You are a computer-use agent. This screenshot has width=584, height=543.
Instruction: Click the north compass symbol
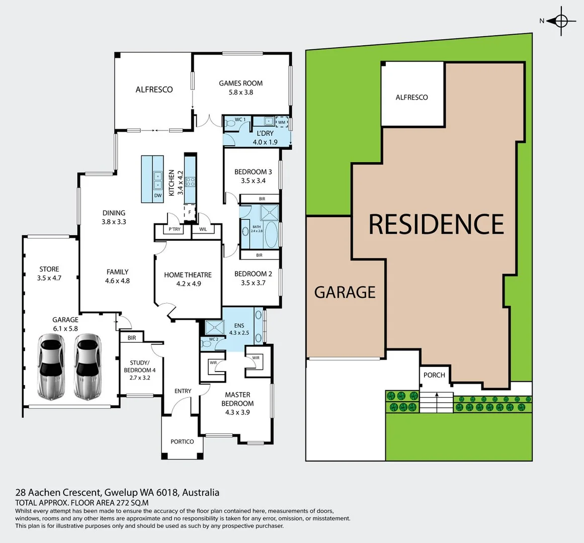pyautogui.click(x=561, y=21)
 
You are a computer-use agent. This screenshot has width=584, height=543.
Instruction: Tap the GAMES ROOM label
pyautogui.click(x=240, y=83)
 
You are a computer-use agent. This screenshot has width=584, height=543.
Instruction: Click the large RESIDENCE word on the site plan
pyautogui.click(x=436, y=224)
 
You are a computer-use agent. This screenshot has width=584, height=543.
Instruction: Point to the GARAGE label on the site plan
pyautogui.click(x=345, y=292)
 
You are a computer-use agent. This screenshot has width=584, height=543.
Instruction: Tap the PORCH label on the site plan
pyautogui.click(x=434, y=375)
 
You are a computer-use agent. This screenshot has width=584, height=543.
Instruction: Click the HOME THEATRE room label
pyautogui.click(x=188, y=275)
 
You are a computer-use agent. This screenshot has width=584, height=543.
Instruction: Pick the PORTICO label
pyautogui.click(x=182, y=441)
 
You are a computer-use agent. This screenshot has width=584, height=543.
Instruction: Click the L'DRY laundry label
pyautogui.click(x=265, y=133)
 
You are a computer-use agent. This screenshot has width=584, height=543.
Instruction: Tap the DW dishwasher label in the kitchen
pyautogui.click(x=158, y=196)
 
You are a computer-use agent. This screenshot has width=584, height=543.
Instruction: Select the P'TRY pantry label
pyautogui.click(x=175, y=229)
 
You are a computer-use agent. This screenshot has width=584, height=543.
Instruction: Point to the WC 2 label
pyautogui.click(x=213, y=339)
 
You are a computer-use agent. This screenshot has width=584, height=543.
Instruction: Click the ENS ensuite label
pyautogui.click(x=239, y=326)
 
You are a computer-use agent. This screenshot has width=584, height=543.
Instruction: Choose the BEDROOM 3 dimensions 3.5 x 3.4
pyautogui.click(x=253, y=181)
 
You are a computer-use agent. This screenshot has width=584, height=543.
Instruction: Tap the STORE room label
pyautogui.click(x=49, y=269)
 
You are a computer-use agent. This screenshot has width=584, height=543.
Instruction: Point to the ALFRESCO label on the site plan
pyautogui.click(x=411, y=98)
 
